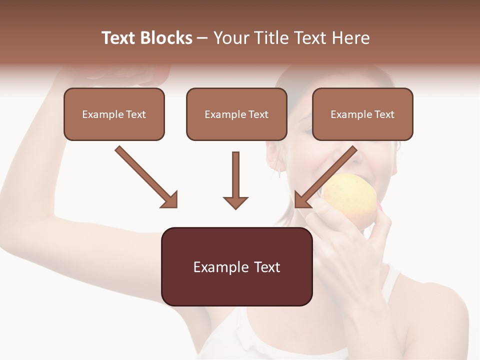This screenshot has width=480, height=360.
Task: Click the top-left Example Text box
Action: pyautogui.click(x=114, y=114)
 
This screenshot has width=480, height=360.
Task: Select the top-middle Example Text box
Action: pyautogui.click(x=236, y=114)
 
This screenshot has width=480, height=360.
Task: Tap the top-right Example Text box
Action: pyautogui.click(x=362, y=114)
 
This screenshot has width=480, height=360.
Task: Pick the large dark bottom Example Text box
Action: pyautogui.click(x=236, y=266)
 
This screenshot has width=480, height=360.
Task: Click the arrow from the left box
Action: pyautogui.click(x=145, y=176)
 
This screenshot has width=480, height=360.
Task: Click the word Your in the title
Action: pyautogui.click(x=231, y=38)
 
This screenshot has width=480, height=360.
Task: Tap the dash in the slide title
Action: pyautogui.click(x=202, y=38)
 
